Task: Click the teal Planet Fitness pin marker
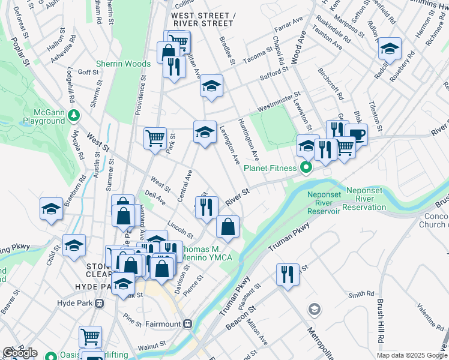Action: (x=306, y=167)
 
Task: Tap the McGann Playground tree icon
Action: (x=74, y=114)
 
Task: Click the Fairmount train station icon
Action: (x=187, y=324)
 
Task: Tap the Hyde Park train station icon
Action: (x=98, y=304)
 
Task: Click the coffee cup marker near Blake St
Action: (x=356, y=134)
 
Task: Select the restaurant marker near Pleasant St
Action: (x=288, y=274)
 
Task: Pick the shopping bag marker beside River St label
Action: (x=228, y=227)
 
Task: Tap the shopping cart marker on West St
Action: (x=155, y=138)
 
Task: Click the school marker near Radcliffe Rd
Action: (x=390, y=49)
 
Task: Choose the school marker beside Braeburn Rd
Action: (x=51, y=209)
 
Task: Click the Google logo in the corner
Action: (x=20, y=353)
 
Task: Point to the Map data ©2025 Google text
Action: (x=411, y=355)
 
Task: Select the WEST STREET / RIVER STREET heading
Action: (x=201, y=19)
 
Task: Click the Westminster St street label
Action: (x=279, y=101)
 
